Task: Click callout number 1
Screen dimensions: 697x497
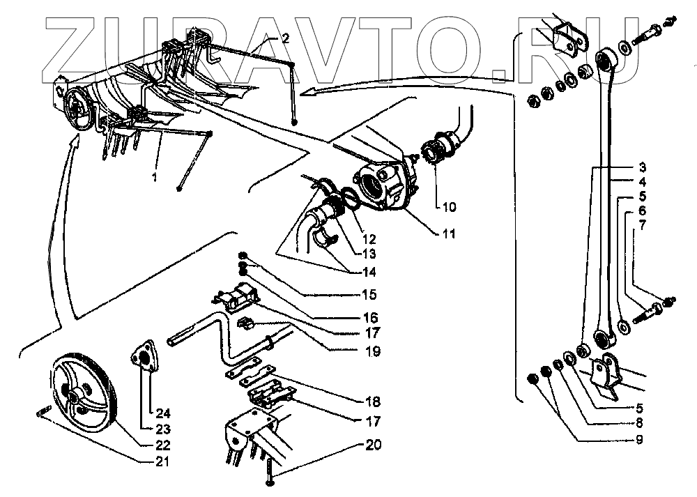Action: (155, 178)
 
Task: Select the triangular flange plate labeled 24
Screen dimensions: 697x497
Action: (144, 358)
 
